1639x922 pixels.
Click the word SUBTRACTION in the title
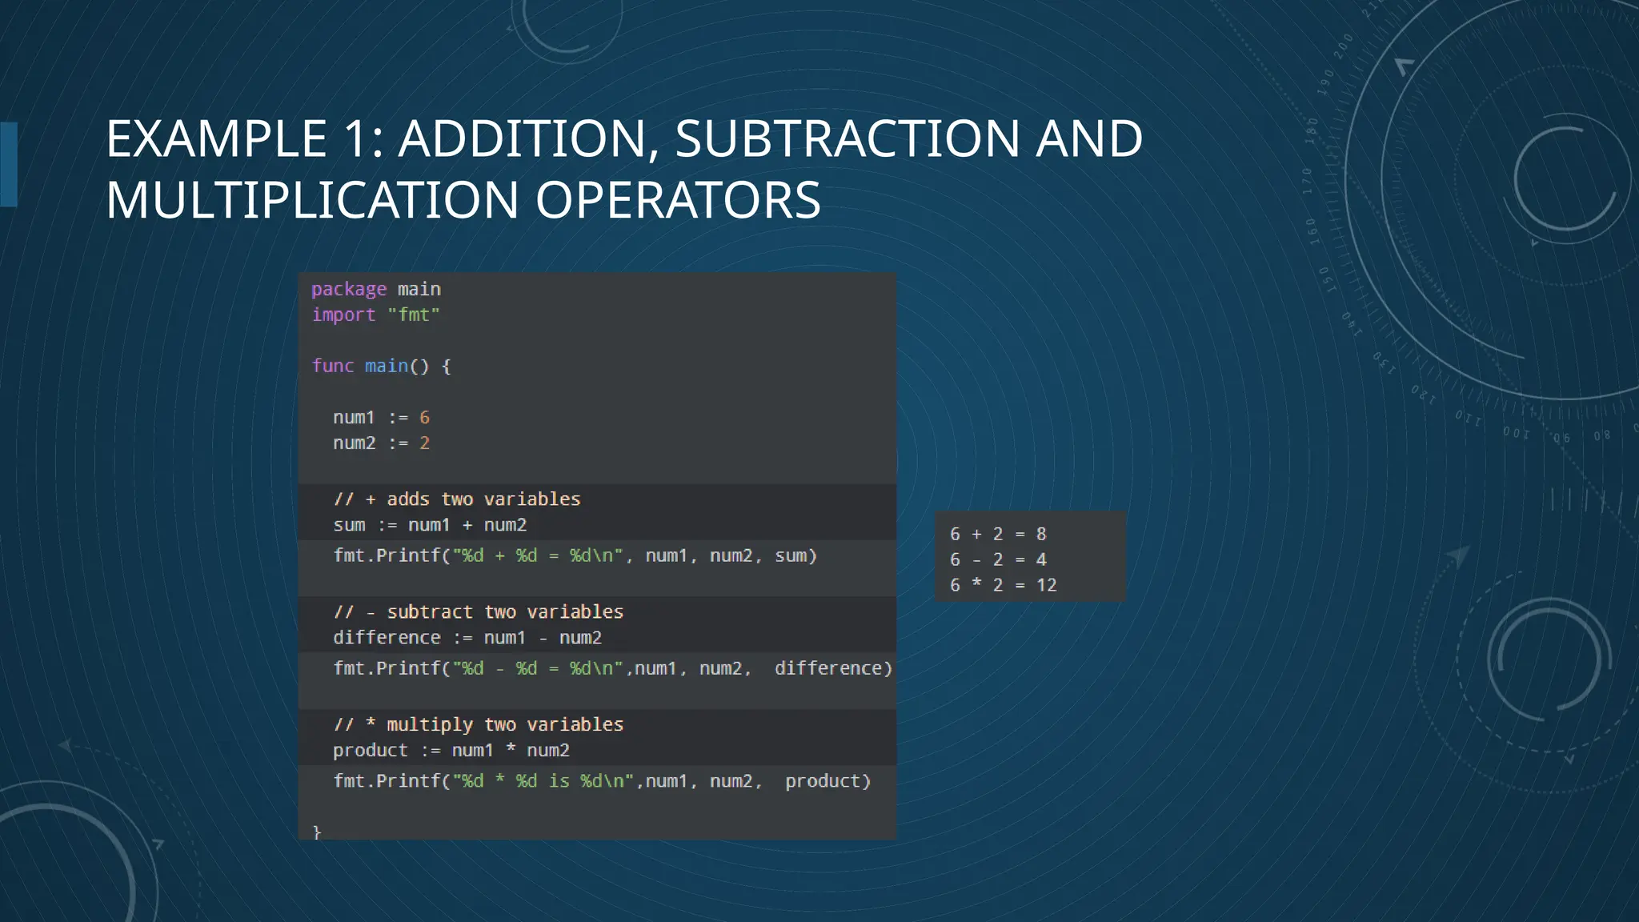coord(847,138)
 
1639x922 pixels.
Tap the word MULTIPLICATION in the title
coord(312,200)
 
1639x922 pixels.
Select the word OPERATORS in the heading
coord(678,200)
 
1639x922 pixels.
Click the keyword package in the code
coord(349,289)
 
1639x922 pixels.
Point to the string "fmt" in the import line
coord(414,315)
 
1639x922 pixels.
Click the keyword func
coord(333,366)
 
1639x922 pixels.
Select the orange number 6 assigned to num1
coord(424,418)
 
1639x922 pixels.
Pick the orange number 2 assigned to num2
coord(424,443)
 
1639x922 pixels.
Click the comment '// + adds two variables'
coord(457,499)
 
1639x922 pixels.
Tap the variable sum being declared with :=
coord(349,525)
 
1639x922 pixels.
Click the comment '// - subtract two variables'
coord(479,612)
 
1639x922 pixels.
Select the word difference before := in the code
coord(387,638)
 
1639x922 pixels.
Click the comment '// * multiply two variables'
coord(479,725)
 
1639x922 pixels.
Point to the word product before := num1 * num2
coord(371,751)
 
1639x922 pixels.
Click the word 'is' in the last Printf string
coord(559,781)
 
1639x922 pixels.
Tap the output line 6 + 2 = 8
coord(998,534)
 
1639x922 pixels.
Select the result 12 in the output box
coord(1046,585)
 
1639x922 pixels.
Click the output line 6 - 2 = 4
coord(998,559)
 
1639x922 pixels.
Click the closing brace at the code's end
coord(317,832)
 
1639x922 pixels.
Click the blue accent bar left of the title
coord(9,164)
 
